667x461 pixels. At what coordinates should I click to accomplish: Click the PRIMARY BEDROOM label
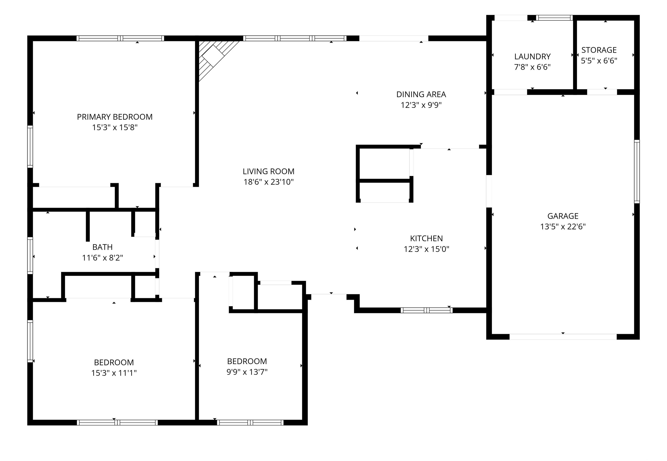[x=115, y=117]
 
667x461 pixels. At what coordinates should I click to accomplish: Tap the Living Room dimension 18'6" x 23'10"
[x=269, y=182]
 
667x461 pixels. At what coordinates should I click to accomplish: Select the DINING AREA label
[x=421, y=94]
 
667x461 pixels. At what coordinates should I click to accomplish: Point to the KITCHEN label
[x=426, y=239]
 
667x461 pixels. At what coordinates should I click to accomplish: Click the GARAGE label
[x=563, y=216]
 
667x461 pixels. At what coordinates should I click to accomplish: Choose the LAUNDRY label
[x=532, y=57]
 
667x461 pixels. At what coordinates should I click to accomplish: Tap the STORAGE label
[x=599, y=50]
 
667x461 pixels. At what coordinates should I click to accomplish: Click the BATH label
[x=102, y=247]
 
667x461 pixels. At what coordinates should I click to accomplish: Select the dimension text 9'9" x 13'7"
[x=247, y=372]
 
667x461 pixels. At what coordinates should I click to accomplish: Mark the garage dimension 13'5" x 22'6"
[x=563, y=227]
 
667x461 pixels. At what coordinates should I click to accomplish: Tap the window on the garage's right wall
[x=637, y=172]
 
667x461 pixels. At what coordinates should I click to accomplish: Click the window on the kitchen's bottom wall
[x=426, y=311]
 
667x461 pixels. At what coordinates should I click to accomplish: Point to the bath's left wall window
[x=30, y=255]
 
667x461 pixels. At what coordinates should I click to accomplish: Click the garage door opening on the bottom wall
[x=563, y=337]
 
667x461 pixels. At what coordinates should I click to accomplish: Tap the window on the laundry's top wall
[x=554, y=18]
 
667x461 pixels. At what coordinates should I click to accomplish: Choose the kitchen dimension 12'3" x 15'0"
[x=426, y=249]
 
